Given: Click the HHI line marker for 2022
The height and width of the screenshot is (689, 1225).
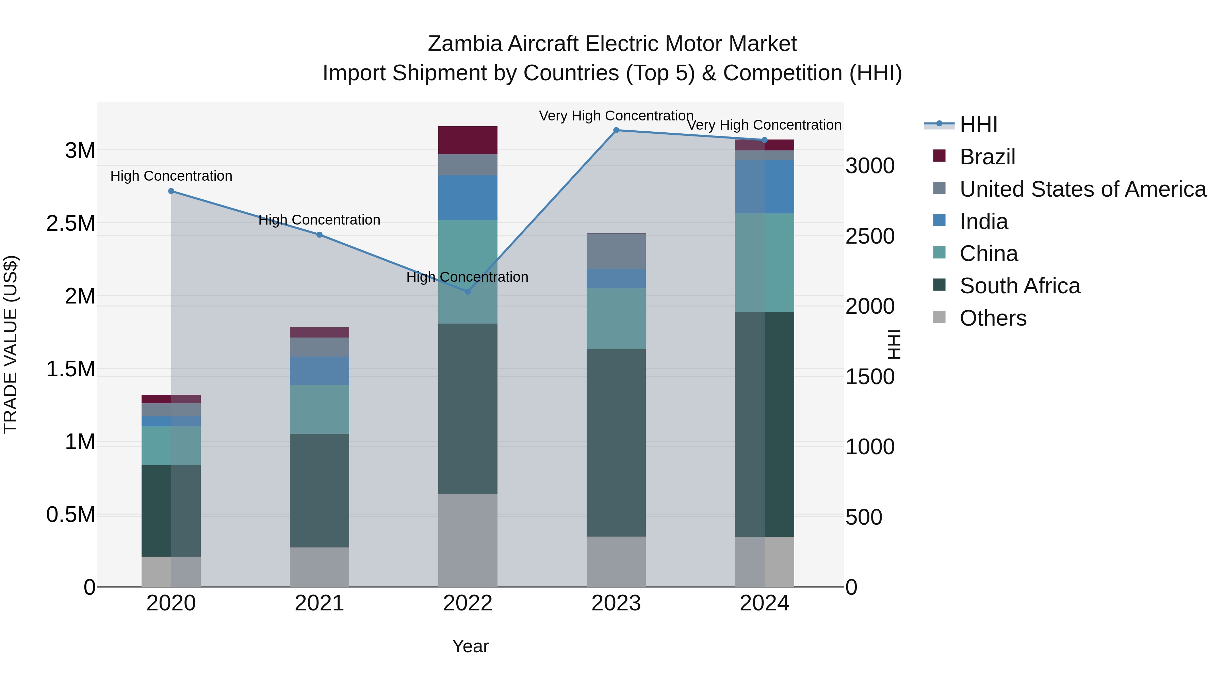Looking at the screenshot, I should pos(468,292).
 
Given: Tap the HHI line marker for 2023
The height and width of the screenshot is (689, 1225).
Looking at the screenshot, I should pos(616,130).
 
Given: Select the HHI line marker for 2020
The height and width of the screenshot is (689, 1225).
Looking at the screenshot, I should pos(171,191).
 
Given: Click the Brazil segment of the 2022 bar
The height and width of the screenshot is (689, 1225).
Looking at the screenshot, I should pos(468,140).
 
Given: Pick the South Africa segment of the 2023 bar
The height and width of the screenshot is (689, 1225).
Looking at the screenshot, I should pos(616,443).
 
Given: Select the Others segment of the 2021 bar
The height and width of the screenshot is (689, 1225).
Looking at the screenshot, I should pos(319,567).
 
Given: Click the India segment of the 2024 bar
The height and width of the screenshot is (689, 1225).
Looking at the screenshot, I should pos(764,186).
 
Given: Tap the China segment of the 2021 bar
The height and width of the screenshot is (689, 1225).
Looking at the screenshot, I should pos(319,409).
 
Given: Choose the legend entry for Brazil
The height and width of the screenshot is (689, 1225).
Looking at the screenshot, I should pos(987,157).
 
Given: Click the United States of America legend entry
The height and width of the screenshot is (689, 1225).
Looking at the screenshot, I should pos(1082,189).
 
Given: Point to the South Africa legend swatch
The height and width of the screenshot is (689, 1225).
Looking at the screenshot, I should pos(939,285).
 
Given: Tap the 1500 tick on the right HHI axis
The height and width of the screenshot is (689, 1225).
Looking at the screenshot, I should pos(870,377).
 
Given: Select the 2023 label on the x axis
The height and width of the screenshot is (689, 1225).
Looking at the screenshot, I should pos(616,603).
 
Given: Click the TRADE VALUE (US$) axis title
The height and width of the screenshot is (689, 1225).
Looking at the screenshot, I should pos(11,344).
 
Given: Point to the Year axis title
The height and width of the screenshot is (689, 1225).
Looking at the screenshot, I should pos(470,646).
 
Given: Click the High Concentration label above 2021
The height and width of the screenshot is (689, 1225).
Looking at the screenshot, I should pos(319,220).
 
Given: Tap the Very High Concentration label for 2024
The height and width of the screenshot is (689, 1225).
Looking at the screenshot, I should pos(764,125).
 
